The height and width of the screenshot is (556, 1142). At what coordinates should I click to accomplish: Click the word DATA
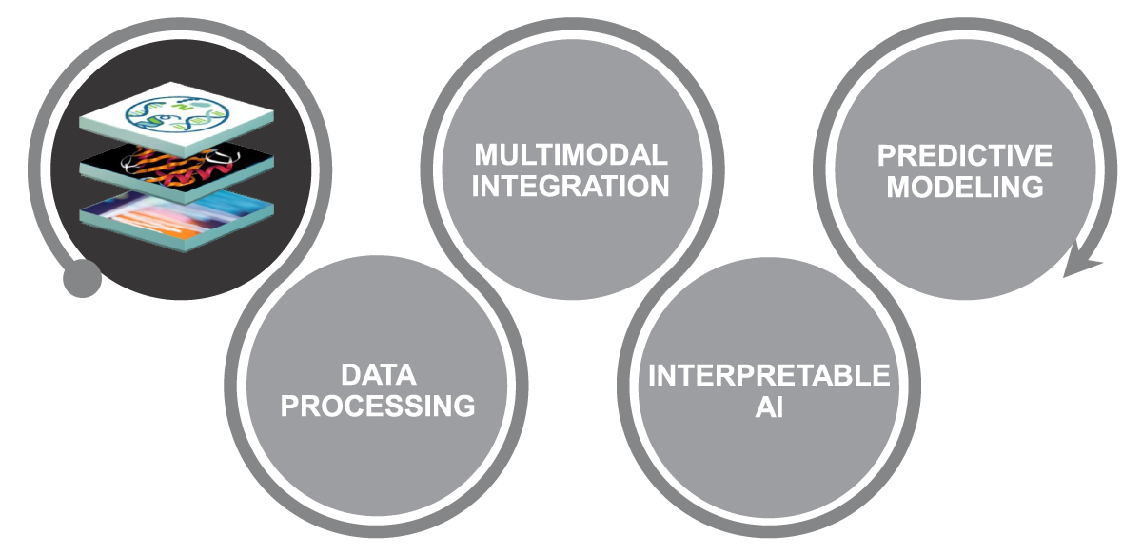tap(379, 374)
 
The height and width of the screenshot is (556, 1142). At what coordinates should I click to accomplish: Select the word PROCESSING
tap(379, 407)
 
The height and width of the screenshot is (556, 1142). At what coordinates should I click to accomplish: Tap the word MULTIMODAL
tap(571, 154)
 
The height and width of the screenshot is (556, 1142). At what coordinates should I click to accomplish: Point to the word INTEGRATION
tap(571, 186)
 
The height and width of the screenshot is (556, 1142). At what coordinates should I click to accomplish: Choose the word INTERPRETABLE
tap(769, 375)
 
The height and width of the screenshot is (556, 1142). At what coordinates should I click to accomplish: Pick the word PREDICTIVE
tap(965, 155)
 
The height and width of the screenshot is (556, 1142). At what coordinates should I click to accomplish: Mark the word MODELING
tap(965, 187)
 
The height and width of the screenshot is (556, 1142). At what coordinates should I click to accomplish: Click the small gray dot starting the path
tap(82, 278)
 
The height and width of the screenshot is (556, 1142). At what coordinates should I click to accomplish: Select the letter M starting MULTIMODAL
tap(486, 154)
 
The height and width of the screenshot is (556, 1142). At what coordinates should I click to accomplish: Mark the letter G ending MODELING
tap(1032, 187)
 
